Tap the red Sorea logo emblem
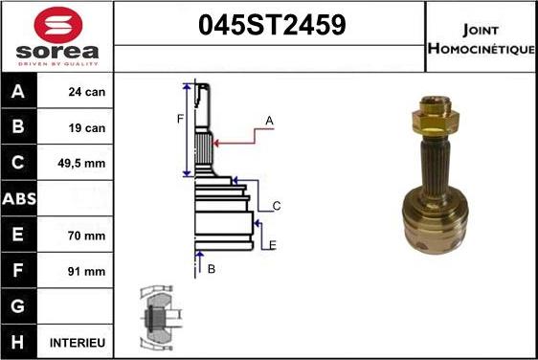coord(57,25)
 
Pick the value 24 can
coord(87,93)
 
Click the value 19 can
coord(87,128)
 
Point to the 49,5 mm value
coord(84,164)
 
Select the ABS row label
coord(20,199)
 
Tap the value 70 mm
coord(87,235)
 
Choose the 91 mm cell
coord(87,271)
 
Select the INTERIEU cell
coord(78,342)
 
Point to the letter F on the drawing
coord(179,119)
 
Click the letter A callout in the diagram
coord(269,121)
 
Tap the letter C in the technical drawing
coord(276,206)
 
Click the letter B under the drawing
coord(212,269)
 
